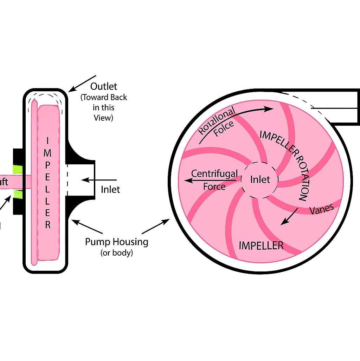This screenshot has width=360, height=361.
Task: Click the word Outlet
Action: click(x=103, y=86)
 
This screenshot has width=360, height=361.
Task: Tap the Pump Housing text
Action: click(x=117, y=242)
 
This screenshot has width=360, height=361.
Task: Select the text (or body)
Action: click(x=117, y=253)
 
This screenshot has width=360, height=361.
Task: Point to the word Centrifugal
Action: click(x=214, y=173)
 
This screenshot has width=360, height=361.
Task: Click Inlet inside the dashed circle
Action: click(x=260, y=180)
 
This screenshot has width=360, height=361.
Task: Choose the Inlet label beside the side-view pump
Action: click(x=110, y=190)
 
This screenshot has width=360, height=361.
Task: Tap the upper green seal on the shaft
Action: click(x=17, y=169)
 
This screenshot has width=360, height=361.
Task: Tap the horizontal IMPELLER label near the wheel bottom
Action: click(x=261, y=245)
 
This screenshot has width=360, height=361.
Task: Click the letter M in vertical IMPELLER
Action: click(x=48, y=153)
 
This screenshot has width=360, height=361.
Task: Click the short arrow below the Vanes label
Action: click(x=290, y=216)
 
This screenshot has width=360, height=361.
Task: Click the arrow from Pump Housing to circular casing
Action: click(x=156, y=227)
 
